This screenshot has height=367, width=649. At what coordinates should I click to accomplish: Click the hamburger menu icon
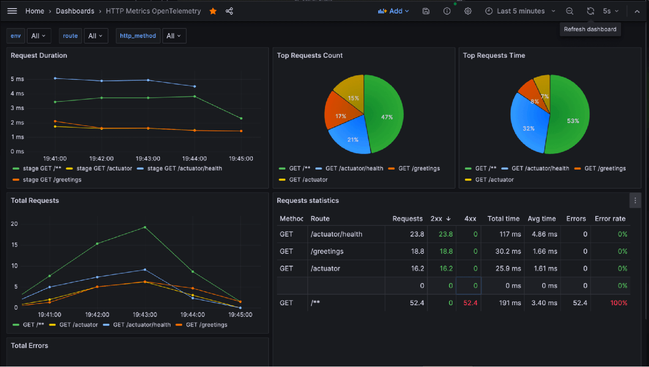pos(12,11)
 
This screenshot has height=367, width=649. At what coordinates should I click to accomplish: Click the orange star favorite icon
pos(213,11)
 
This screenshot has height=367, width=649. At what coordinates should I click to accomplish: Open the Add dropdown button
pos(393,11)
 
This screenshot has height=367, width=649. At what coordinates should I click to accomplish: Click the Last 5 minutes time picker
pos(520,11)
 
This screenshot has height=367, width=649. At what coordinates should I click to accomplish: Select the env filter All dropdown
pos(39,36)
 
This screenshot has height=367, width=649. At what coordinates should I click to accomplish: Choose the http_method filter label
pos(137,36)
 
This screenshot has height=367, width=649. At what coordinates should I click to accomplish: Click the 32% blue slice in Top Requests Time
pos(528,128)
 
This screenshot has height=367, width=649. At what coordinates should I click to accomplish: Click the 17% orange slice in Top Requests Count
pos(340,116)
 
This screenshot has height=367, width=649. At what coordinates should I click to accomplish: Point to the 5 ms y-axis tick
pos(17,79)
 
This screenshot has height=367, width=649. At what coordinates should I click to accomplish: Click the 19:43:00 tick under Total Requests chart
pos(145,315)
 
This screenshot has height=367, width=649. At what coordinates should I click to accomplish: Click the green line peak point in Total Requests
pos(145,227)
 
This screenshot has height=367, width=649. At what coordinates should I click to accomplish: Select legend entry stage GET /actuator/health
pos(184,168)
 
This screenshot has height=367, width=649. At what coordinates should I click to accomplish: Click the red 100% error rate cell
pos(618,303)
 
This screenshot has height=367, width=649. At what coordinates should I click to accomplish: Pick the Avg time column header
pos(541,219)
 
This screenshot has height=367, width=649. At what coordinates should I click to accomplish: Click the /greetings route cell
pos(327,252)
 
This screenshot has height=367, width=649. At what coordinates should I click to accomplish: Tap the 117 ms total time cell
pos(510,234)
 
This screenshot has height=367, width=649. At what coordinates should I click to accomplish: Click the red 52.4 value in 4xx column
pos(470,303)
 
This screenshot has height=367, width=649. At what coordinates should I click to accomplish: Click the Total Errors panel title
pos(29,346)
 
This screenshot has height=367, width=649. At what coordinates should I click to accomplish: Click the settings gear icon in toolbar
pos(468,11)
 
